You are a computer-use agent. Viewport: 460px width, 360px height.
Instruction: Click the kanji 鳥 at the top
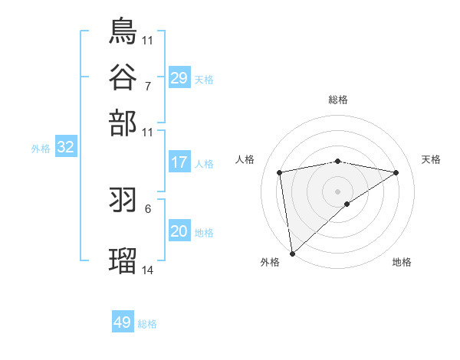point(123,31)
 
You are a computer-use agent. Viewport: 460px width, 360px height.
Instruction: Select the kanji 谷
point(123,77)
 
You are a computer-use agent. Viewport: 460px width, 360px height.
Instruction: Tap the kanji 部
point(123,123)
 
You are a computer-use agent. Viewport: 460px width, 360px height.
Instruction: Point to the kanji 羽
point(123,200)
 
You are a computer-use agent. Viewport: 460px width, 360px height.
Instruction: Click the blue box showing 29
point(179,77)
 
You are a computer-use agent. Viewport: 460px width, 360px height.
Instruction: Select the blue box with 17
point(179,162)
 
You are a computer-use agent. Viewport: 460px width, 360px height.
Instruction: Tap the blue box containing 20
point(179,231)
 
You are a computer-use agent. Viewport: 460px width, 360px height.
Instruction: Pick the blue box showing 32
point(66,148)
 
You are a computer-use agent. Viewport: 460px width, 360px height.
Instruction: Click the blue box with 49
point(123,322)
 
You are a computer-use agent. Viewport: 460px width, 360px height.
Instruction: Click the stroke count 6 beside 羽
point(147,208)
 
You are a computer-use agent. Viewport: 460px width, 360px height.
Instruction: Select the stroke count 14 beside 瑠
point(147,270)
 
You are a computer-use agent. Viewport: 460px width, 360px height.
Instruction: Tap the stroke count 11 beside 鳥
point(147,39)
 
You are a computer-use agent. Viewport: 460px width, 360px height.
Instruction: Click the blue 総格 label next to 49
point(147,324)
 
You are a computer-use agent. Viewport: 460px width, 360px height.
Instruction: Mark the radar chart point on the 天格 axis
point(396,172)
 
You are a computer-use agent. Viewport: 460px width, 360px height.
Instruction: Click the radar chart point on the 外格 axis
point(291,254)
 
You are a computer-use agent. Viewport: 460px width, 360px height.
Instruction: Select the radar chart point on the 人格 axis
point(281,172)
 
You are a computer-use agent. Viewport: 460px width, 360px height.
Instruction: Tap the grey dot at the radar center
point(338,191)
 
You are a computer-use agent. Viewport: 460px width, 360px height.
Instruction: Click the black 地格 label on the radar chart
point(402,262)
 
